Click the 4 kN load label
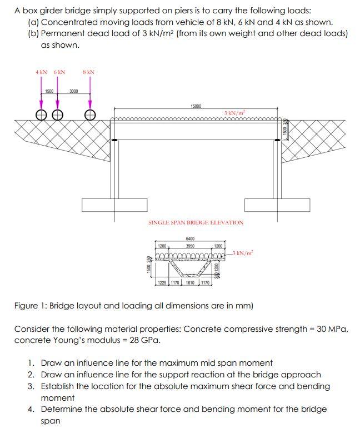[x=41, y=72]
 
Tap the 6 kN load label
[x=59, y=72]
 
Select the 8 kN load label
[x=88, y=72]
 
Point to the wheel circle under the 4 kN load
[x=41, y=115]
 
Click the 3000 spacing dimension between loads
[x=73, y=91]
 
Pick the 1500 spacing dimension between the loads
[x=49, y=91]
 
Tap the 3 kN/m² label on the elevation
[x=235, y=113]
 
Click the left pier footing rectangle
[x=108, y=205]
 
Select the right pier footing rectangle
[x=269, y=205]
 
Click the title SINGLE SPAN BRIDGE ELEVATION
[x=196, y=222]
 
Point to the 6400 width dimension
[x=189, y=239]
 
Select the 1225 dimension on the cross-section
[x=162, y=283]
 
